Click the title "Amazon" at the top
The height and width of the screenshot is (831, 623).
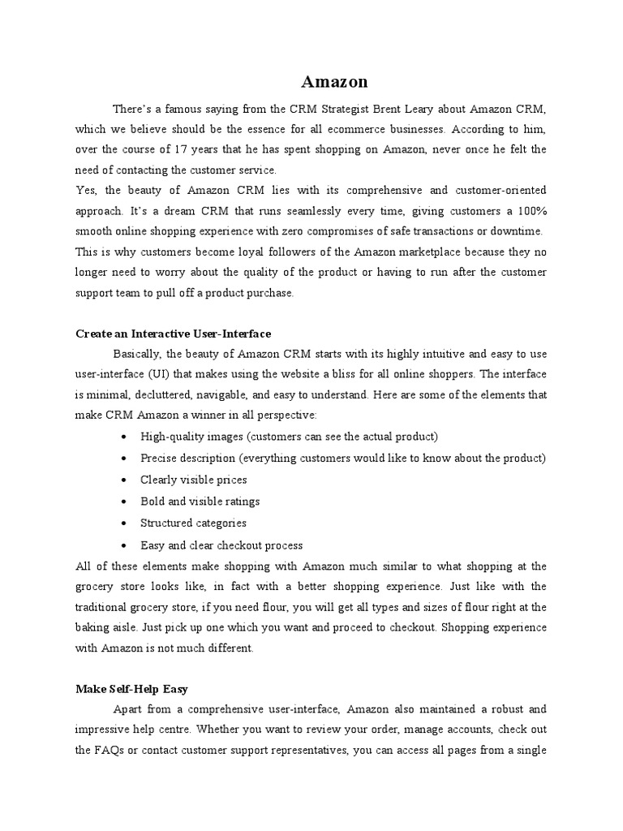(334, 82)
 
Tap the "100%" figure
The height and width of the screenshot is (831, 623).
(532, 211)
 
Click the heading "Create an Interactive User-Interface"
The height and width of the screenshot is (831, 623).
(173, 334)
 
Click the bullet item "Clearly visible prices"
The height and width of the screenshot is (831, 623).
(193, 480)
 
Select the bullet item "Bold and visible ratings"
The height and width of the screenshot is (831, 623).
(200, 502)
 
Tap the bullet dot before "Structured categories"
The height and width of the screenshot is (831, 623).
(122, 523)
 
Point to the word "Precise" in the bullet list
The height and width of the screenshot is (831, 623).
(159, 459)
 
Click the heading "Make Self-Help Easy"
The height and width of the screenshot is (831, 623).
(131, 689)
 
